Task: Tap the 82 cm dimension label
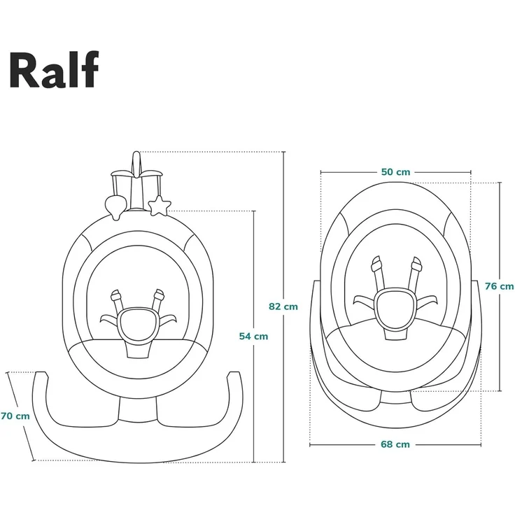(283, 306)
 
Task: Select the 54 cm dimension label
(253, 336)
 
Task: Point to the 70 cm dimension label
(15, 416)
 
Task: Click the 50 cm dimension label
(396, 172)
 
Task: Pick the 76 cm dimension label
(500, 285)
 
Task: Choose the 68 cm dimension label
(396, 444)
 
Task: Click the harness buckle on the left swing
(136, 323)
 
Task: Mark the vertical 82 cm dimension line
(283, 231)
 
